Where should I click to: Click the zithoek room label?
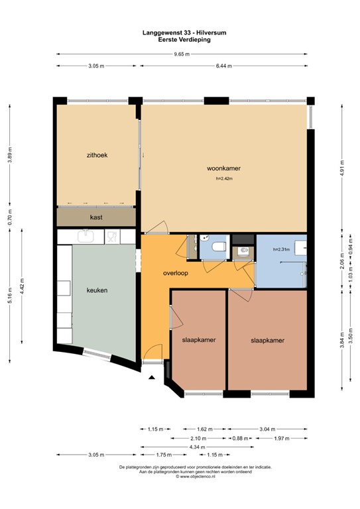pos(97,155)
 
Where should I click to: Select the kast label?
pos(96,217)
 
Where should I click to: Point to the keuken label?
pos(97,290)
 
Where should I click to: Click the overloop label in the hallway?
pos(177,273)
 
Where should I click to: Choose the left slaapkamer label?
pos(199,340)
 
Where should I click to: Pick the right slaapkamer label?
pos(268,340)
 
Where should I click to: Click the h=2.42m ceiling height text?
pos(225,178)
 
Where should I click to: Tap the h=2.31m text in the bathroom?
pos(282,250)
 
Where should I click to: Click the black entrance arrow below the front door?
pos(152,378)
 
